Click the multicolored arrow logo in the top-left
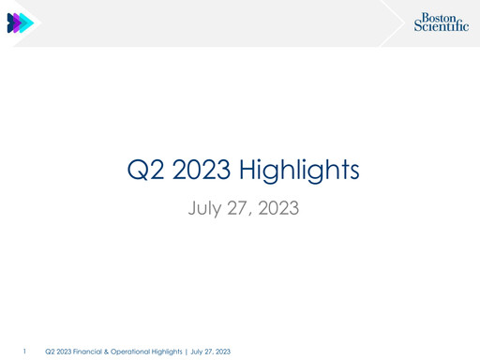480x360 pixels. point(20,23)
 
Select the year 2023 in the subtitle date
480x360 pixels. point(278,206)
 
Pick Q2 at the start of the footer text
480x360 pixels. point(50,351)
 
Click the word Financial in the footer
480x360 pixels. point(90,351)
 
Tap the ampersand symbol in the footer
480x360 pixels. point(111,351)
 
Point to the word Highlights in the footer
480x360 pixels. point(171,351)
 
